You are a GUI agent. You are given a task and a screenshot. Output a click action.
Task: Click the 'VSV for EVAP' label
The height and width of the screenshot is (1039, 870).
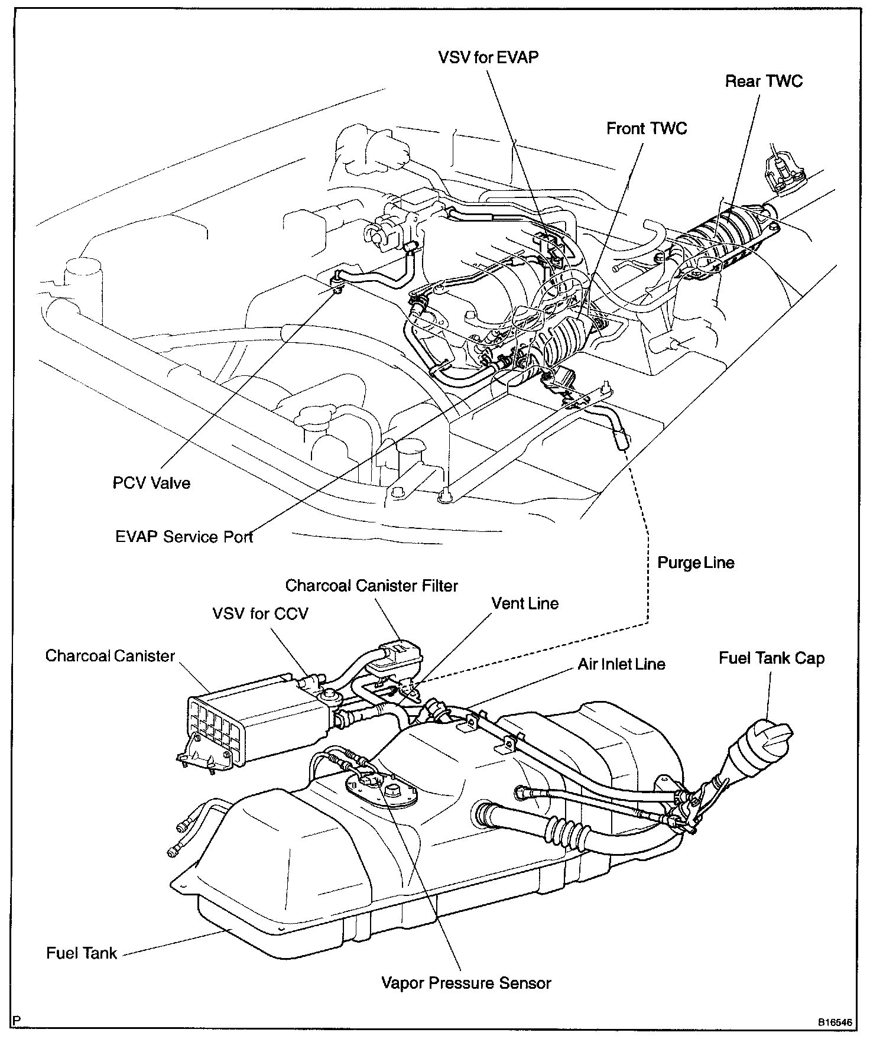[488, 58]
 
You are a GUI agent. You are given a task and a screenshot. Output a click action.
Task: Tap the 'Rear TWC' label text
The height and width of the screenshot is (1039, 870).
[764, 81]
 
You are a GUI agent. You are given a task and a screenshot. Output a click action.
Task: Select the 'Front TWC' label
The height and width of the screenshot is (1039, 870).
[647, 128]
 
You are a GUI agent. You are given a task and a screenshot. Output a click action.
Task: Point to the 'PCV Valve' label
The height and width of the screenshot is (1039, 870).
[151, 483]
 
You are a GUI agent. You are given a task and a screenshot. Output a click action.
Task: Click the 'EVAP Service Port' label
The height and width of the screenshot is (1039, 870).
[184, 537]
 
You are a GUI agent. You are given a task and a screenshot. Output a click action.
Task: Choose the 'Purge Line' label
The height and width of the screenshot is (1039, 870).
[696, 562]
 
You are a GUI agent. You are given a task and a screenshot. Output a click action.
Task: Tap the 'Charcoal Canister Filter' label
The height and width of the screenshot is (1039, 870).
[371, 585]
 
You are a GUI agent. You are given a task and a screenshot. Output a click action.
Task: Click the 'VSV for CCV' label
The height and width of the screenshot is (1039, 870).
[260, 613]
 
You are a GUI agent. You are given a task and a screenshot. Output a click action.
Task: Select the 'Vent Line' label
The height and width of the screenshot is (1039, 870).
[525, 603]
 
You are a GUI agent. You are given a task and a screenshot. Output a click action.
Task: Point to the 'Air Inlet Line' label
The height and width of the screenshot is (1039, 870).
[621, 664]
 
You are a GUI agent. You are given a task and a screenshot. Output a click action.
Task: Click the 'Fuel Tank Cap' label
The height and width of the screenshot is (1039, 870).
[771, 658]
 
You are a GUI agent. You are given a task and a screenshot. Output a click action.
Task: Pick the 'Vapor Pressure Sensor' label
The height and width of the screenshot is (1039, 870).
[466, 983]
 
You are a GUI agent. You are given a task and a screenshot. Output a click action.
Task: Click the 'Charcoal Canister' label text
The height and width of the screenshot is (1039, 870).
[111, 656]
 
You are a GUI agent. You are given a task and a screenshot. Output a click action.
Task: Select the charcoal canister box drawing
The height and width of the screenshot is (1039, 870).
[260, 727]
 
